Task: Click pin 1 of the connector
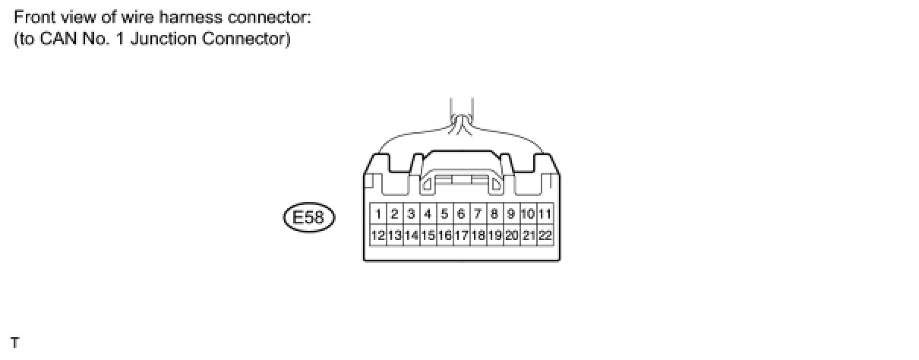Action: click(378, 214)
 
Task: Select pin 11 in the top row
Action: click(545, 214)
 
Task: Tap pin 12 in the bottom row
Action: click(378, 235)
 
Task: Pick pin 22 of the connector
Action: click(545, 235)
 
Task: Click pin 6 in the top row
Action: click(461, 214)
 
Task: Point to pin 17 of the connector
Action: click(461, 235)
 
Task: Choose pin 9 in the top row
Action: click(511, 214)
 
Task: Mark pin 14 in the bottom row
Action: click(411, 235)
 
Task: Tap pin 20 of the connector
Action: click(511, 235)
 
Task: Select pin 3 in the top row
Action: click(411, 214)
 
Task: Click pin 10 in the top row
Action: click(528, 214)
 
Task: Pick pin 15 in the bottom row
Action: click(428, 235)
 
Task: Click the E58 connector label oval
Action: click(308, 219)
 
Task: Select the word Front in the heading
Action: click(33, 16)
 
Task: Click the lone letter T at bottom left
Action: click(15, 343)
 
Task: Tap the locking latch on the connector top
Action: click(462, 180)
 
